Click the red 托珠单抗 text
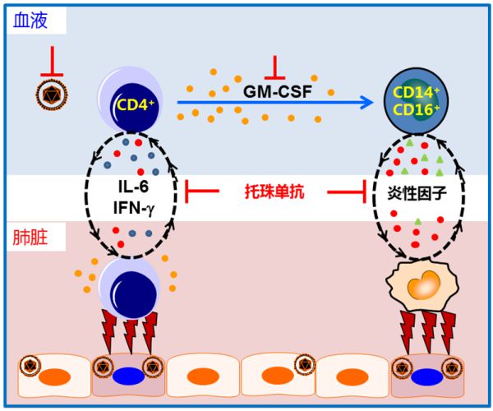(277, 192)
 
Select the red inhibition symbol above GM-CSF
(277, 64)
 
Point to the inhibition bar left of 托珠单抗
(201, 193)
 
